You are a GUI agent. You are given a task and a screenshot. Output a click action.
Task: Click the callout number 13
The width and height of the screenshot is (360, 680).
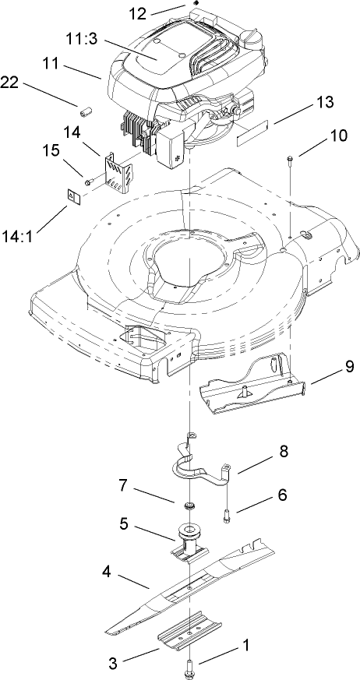pos(302,102)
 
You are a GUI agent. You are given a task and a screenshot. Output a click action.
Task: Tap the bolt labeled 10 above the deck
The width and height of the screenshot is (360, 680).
pos(289,161)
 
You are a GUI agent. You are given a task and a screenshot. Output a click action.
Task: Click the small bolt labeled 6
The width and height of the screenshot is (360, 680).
pos(227,514)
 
